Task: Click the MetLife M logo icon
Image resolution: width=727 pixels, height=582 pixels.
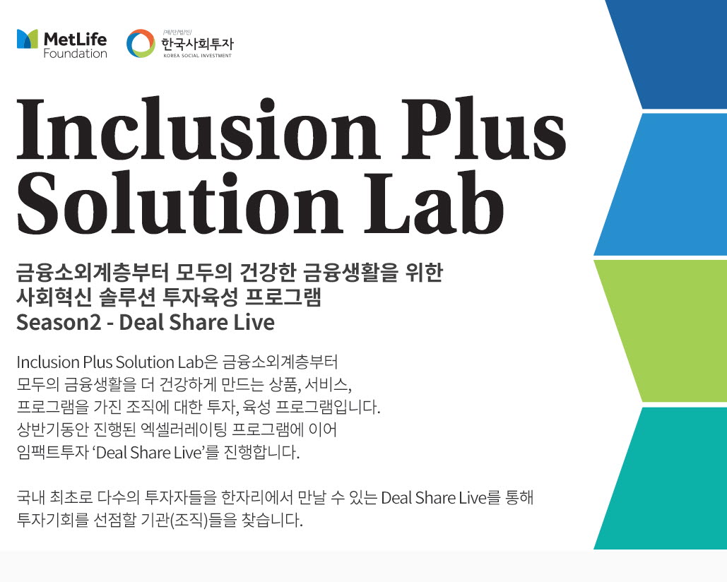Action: point(28,39)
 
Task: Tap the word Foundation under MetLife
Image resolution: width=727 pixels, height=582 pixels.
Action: point(75,54)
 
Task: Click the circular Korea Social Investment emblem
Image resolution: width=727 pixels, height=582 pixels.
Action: point(140,43)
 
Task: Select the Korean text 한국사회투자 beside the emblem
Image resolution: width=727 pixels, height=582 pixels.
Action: point(197,42)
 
